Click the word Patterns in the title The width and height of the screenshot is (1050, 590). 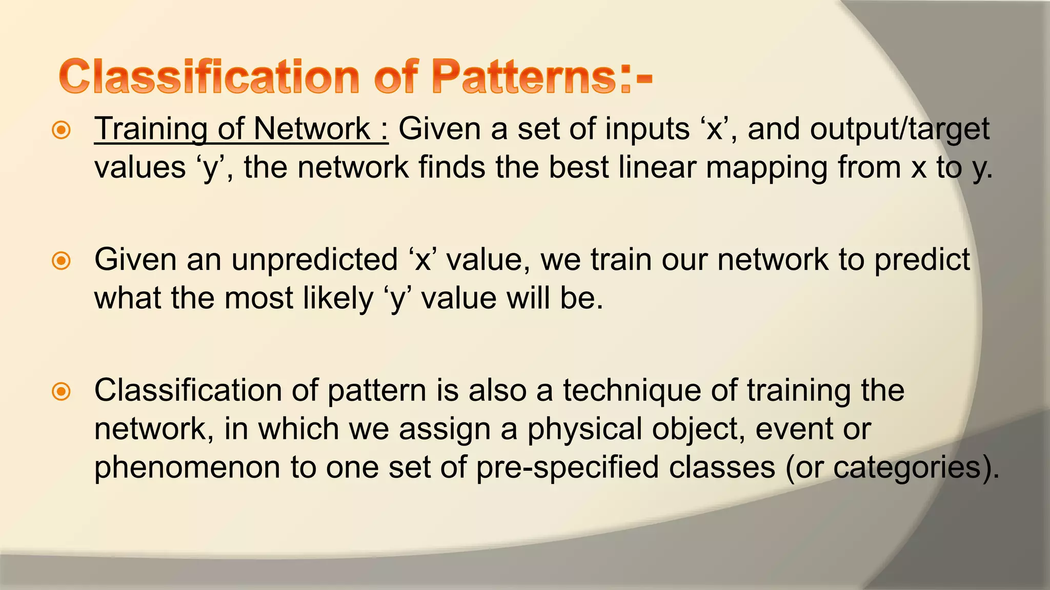tap(523, 77)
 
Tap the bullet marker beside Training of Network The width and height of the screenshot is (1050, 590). tap(62, 130)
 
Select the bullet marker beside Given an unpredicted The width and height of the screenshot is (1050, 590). tap(62, 261)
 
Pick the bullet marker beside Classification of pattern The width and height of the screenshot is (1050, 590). tap(62, 392)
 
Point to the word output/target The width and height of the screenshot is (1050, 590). tap(899, 130)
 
